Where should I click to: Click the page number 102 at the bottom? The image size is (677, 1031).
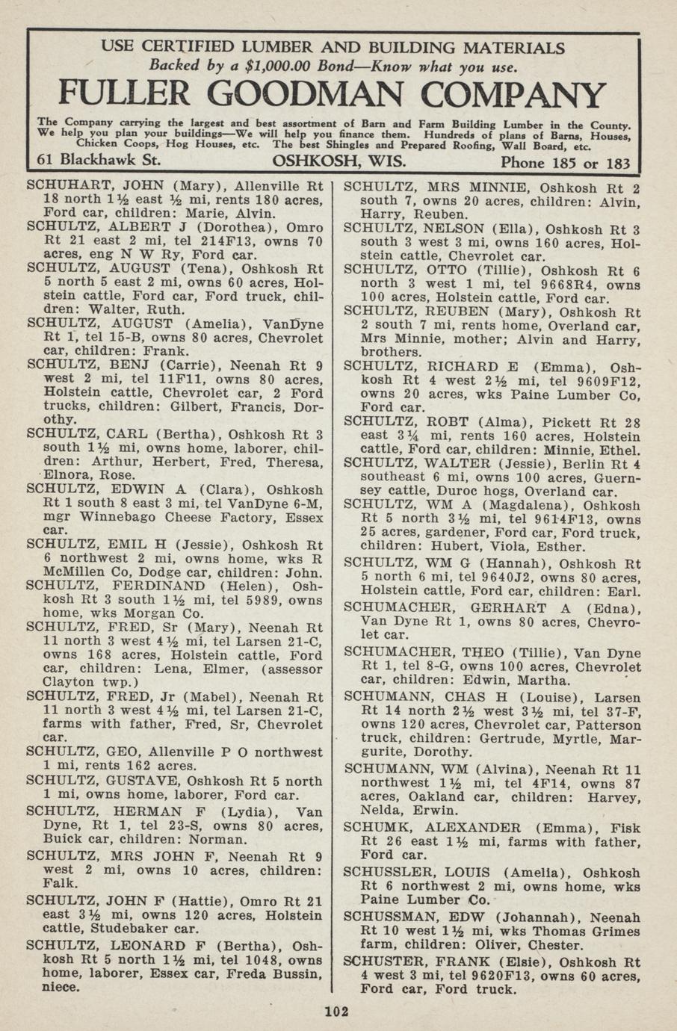(x=337, y=1012)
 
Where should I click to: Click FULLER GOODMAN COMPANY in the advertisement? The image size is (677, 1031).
(x=331, y=94)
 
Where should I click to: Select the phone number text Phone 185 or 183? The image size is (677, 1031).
(x=564, y=163)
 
